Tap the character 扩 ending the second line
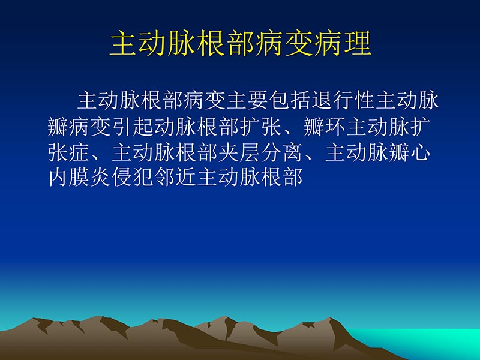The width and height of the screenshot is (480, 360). [x=421, y=127]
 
